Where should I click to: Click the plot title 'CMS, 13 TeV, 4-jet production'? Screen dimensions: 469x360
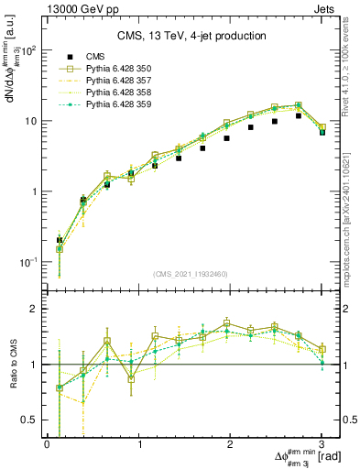coord(190,36)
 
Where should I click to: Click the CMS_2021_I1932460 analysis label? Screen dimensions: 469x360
coord(190,274)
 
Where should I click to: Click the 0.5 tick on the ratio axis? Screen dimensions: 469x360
coord(34,420)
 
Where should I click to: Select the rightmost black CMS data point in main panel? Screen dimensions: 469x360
coord(322,132)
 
